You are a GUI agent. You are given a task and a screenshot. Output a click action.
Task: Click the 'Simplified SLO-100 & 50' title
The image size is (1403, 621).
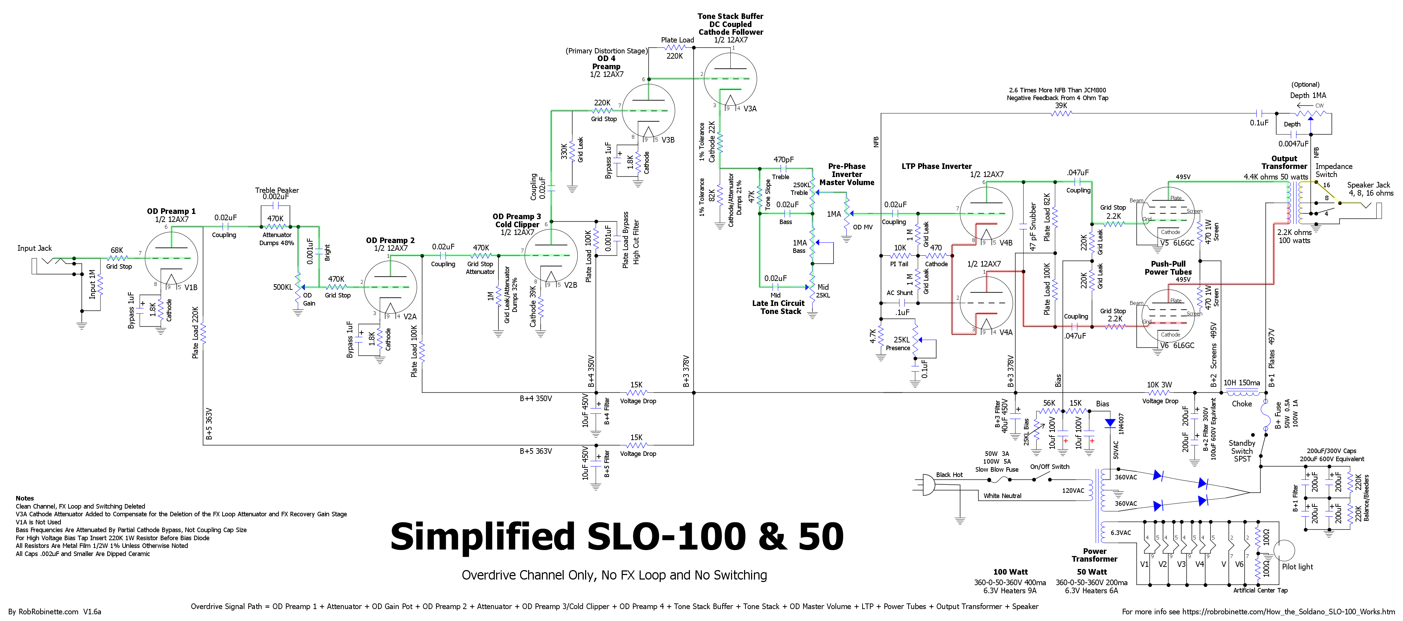pyautogui.click(x=617, y=537)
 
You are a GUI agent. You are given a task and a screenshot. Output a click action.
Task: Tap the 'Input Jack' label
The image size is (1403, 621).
pyautogui.click(x=34, y=248)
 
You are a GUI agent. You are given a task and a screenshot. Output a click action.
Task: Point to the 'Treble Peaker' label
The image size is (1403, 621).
pyautogui.click(x=277, y=190)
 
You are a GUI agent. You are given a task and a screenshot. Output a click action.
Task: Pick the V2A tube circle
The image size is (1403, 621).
pyautogui.click(x=390, y=287)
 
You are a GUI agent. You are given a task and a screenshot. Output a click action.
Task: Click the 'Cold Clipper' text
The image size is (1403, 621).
pyautogui.click(x=517, y=224)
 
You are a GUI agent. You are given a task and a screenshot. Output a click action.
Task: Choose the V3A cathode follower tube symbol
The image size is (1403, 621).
pyautogui.click(x=730, y=79)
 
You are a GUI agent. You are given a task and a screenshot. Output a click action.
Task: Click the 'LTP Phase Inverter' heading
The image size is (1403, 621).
pyautogui.click(x=936, y=166)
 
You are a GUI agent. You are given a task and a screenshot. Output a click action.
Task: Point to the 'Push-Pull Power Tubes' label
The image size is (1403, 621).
pyautogui.click(x=1168, y=268)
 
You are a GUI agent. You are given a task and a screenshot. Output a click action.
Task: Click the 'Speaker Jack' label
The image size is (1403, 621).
pyautogui.click(x=1369, y=185)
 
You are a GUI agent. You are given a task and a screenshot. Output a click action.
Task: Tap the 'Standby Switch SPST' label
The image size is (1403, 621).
pyautogui.click(x=1242, y=451)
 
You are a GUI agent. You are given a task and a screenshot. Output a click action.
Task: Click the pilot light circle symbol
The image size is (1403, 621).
pyautogui.click(x=1284, y=551)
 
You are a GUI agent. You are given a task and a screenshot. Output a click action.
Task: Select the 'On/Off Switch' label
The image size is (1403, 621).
pyautogui.click(x=1050, y=466)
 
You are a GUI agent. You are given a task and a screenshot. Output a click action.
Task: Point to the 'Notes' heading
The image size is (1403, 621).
pyautogui.click(x=25, y=498)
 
